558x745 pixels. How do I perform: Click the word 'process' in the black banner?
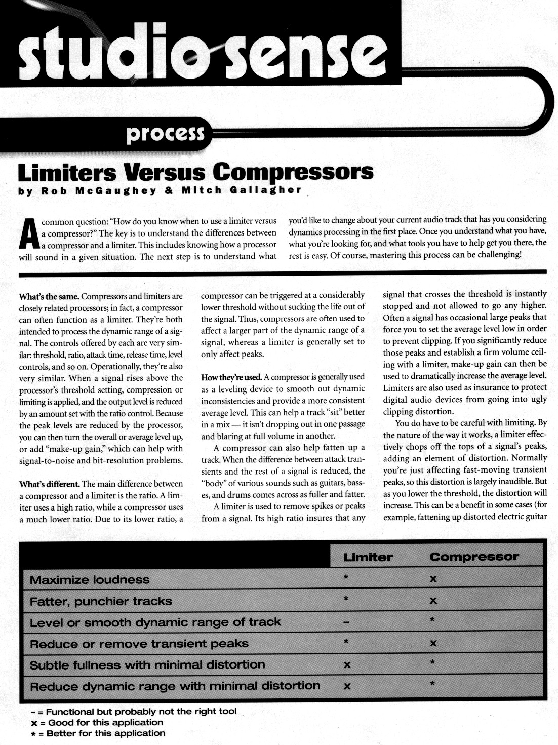[x=165, y=133]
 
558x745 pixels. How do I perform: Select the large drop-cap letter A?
[x=29, y=234]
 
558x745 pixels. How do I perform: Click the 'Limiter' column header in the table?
[x=368, y=557]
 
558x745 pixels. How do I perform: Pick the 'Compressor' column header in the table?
[x=474, y=557]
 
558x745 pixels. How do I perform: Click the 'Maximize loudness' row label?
[x=90, y=580]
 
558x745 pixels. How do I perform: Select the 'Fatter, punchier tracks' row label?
[x=101, y=601]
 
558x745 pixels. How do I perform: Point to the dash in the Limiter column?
[x=346, y=622]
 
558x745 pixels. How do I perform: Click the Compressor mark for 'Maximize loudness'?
[x=433, y=579]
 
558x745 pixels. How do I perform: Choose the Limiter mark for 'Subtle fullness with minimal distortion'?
[x=347, y=665]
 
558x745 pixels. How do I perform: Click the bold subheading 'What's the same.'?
[x=49, y=296]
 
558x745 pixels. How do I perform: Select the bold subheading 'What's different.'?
[x=49, y=484]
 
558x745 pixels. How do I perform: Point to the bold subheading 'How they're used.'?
[x=231, y=377]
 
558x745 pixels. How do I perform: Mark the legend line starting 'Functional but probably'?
[x=134, y=712]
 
